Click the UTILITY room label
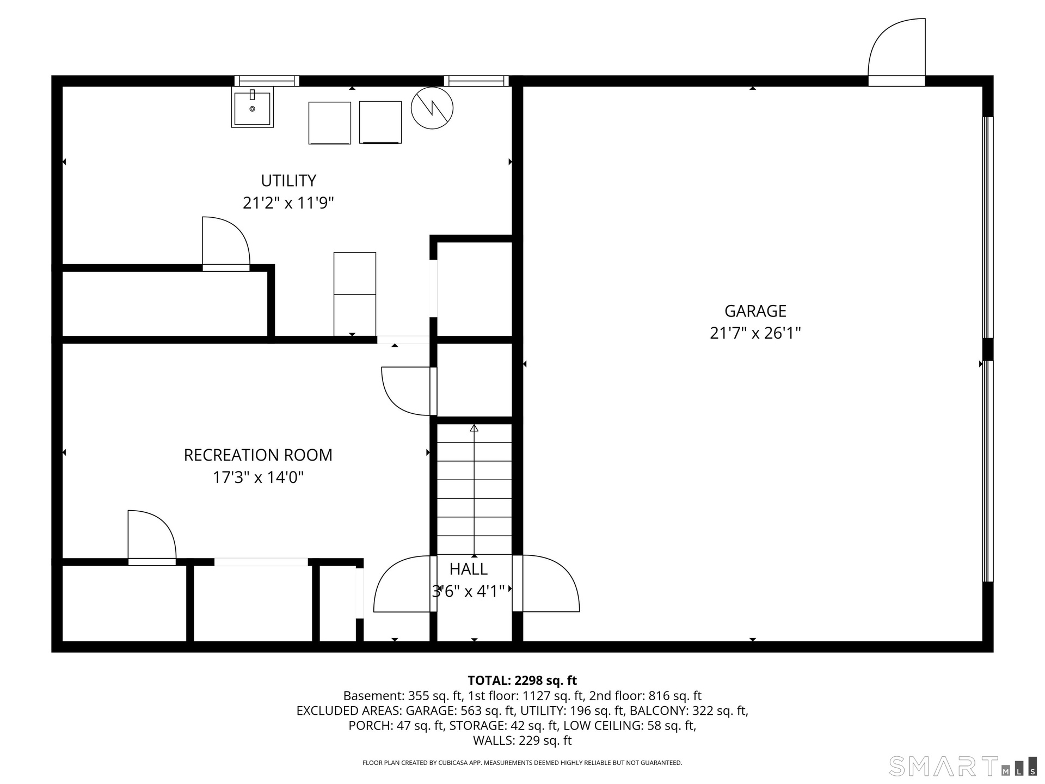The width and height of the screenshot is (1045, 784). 288,180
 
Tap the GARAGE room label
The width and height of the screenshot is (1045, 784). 755,311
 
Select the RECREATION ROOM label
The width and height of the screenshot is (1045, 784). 258,455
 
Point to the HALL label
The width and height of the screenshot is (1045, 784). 468,569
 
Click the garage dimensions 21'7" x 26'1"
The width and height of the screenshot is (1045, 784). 755,333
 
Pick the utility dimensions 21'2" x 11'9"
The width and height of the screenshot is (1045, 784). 288,203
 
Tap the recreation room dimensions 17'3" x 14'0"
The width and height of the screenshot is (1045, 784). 258,477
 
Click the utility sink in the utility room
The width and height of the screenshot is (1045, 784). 253,107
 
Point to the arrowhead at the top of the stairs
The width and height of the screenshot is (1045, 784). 474,428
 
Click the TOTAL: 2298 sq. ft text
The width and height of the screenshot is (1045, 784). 522,681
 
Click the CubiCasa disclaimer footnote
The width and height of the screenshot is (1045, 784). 522,763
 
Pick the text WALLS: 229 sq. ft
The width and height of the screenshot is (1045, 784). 522,740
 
